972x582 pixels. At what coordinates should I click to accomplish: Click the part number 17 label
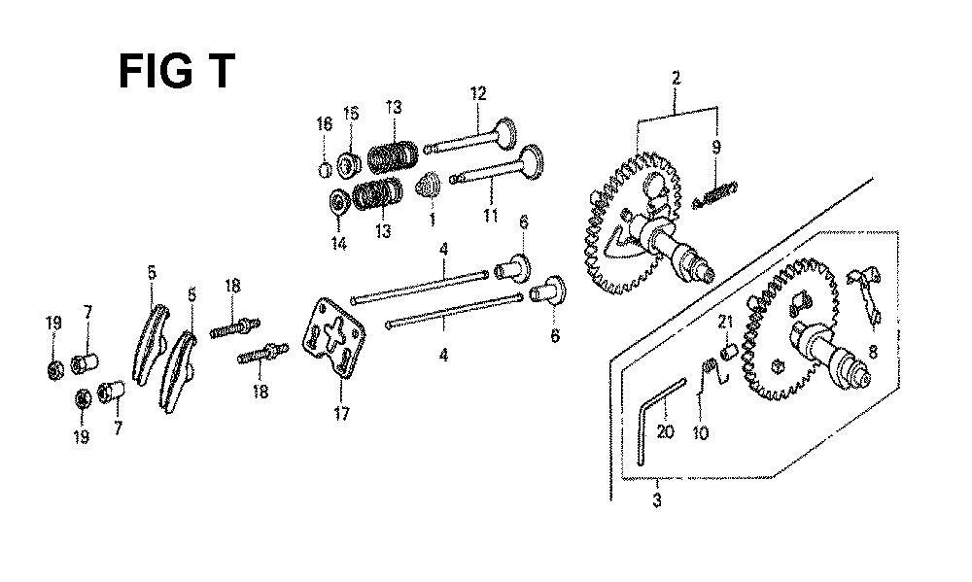coord(341,413)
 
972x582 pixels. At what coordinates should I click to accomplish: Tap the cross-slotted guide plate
coord(333,336)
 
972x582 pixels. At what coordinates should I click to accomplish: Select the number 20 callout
coord(665,430)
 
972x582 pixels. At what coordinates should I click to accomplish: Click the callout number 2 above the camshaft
coord(676,78)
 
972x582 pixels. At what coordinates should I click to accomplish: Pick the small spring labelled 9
coord(714,194)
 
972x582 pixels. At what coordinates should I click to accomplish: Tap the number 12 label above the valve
coord(478,93)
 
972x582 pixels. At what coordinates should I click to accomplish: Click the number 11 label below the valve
coord(490,216)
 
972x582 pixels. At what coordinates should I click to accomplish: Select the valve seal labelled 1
coord(428,185)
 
